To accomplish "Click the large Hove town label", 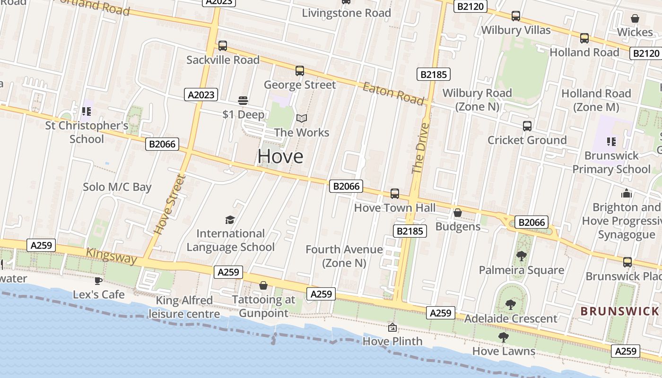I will click(280, 156).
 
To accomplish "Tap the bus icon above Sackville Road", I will click(223, 46).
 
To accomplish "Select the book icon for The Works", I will click(302, 118).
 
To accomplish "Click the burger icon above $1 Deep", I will click(243, 100).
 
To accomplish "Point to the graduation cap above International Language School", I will click(230, 220).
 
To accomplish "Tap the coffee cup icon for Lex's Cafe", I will click(98, 281).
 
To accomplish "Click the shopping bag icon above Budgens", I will click(457, 213).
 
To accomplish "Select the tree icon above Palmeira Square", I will click(521, 256).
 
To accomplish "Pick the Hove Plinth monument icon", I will click(392, 327).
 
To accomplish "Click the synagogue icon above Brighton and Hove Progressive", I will click(627, 193).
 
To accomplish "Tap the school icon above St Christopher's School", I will click(86, 112).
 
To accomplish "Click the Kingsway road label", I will click(112, 256).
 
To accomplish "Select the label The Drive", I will click(420, 148).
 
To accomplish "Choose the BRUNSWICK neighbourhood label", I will click(619, 311).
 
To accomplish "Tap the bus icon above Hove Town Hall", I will click(394, 194).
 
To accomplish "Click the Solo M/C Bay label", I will click(117, 187).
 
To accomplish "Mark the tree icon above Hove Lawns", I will click(504, 337).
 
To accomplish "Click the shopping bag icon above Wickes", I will click(635, 18).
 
